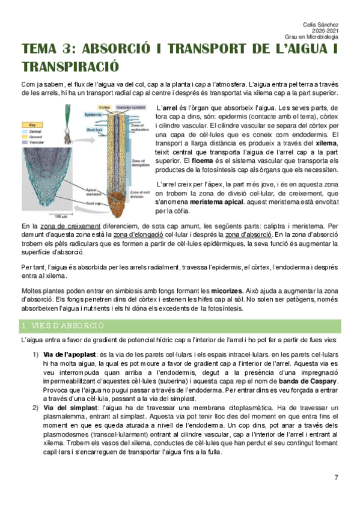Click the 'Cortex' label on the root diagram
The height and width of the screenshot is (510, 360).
[104, 107]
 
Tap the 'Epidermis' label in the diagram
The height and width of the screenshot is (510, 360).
[93, 114]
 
